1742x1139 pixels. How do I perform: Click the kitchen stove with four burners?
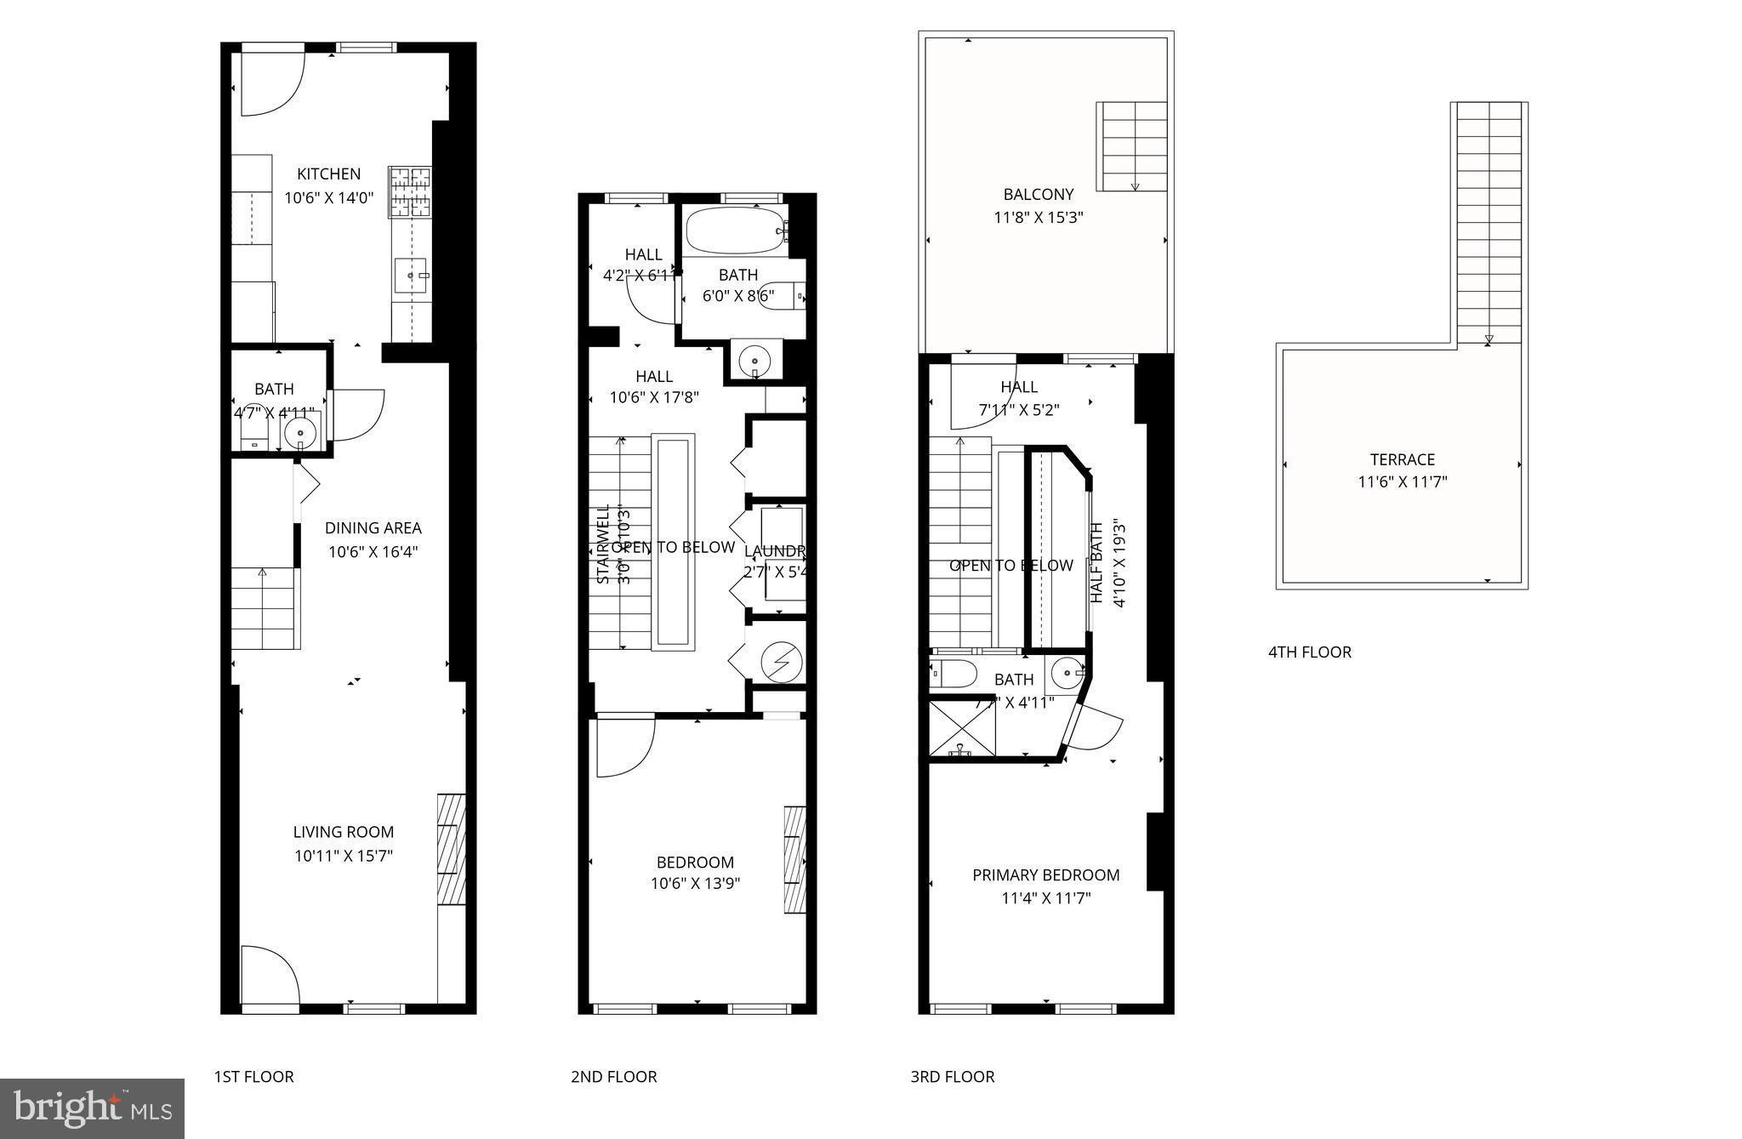[x=411, y=191]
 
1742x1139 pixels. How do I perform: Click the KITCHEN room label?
[x=328, y=174]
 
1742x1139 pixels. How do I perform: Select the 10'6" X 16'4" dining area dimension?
[x=373, y=551]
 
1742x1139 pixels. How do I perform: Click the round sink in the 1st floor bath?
[x=299, y=435]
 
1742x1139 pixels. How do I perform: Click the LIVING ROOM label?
[x=344, y=832]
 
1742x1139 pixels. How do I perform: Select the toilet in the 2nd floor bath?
[x=781, y=296]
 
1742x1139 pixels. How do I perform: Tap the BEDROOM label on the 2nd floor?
[x=695, y=862]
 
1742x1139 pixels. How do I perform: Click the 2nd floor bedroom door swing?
[x=623, y=746]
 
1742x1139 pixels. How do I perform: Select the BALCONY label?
[x=1038, y=194]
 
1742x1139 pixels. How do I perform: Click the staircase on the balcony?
[x=1132, y=146]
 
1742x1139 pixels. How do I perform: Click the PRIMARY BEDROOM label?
[x=1045, y=874]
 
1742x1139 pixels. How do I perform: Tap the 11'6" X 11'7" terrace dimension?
[x=1402, y=482]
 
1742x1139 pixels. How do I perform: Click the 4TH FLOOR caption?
[x=1309, y=652]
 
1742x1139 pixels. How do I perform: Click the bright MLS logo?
[x=92, y=1108]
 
